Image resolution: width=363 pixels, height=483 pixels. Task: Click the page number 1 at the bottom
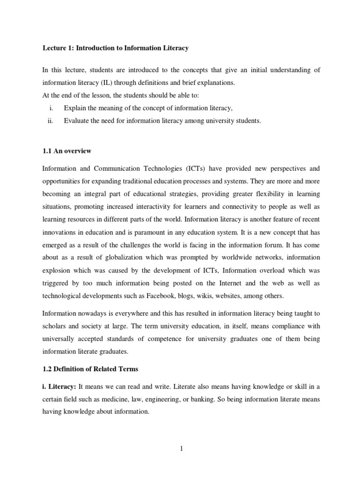[x=181, y=449]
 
